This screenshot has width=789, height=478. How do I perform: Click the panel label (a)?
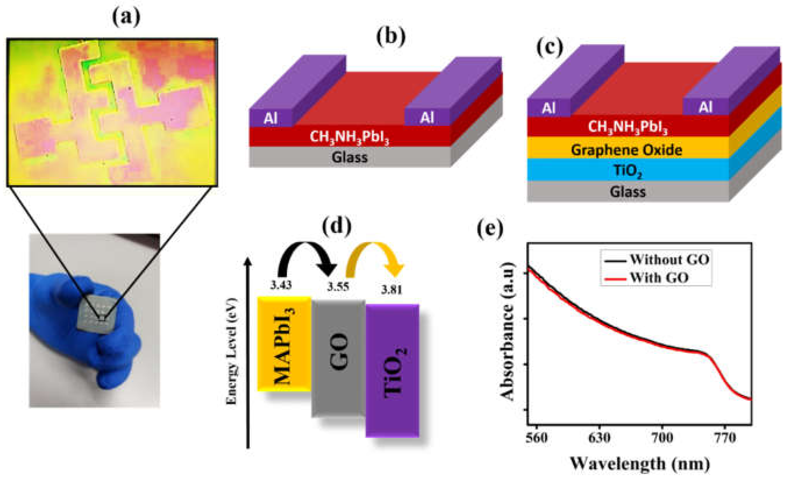point(126,18)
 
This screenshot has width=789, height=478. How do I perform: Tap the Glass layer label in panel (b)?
point(350,157)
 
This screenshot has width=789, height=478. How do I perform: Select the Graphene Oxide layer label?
point(627,150)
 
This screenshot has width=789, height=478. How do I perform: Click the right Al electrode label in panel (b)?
point(427,118)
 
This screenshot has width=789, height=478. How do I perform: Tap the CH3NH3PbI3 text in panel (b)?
point(349,137)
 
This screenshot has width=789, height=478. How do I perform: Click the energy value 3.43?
point(281,284)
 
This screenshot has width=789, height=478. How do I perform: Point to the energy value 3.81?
point(391,290)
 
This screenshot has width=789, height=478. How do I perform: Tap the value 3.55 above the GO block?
point(338,286)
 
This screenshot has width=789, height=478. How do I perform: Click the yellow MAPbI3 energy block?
point(284,344)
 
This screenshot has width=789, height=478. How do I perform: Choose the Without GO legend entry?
point(669,259)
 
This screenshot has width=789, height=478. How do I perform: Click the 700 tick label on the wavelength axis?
point(662,437)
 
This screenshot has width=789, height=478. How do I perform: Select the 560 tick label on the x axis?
point(537,437)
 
